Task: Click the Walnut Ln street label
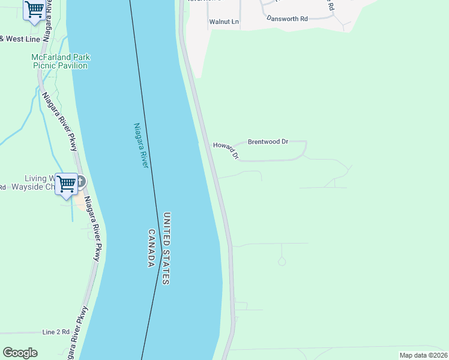point(224,22)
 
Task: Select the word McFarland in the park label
point(52,58)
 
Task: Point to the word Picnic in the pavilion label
point(44,65)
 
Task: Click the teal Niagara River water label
point(140,145)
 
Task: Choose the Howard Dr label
point(226,150)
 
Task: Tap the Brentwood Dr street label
point(268,142)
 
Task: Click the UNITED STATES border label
point(167,248)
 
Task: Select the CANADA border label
point(152,248)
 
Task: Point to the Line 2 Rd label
point(56,332)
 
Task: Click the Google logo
point(20,353)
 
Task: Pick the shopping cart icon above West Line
point(35,9)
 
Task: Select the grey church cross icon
point(80,181)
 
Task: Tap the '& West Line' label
point(20,39)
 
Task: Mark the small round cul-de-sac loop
point(282,262)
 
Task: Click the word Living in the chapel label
point(35,178)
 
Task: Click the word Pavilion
point(73,65)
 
